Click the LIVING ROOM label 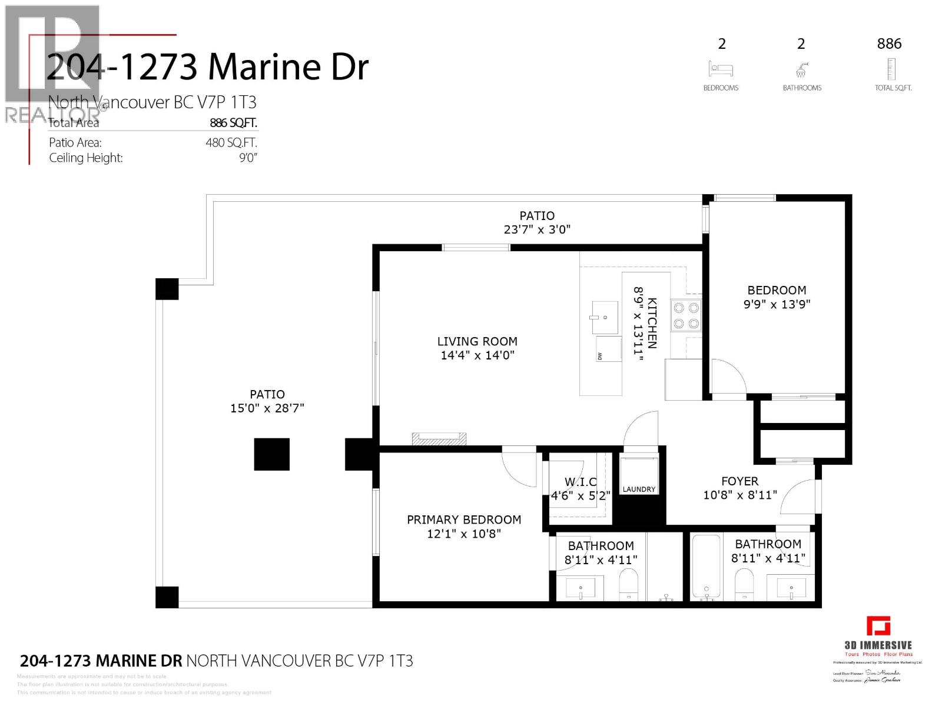click(x=477, y=341)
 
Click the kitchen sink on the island click(x=605, y=317)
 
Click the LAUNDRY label click(x=639, y=489)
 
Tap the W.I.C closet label click(x=580, y=482)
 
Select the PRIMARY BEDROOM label click(x=464, y=519)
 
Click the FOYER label click(x=739, y=481)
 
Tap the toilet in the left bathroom click(x=629, y=582)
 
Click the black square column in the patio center click(x=271, y=454)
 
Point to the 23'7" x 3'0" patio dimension click(x=537, y=229)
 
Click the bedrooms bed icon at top click(x=721, y=69)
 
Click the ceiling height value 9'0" click(x=248, y=158)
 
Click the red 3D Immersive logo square click(x=878, y=626)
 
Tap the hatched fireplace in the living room click(x=439, y=438)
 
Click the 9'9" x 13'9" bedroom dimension click(x=776, y=304)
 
